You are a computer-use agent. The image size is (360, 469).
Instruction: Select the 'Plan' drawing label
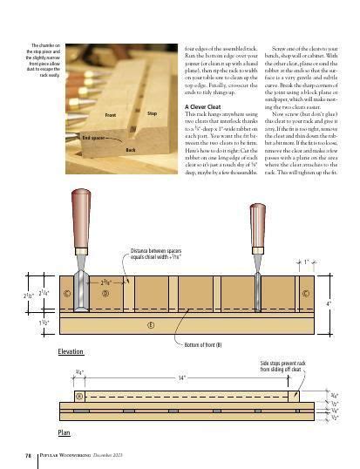pyautogui.click(x=64, y=431)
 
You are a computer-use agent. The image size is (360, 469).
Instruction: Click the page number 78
pyautogui.click(x=29, y=454)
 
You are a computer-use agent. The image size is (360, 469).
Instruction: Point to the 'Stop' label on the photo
pyautogui.click(x=152, y=114)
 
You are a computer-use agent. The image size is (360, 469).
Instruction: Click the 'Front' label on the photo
pyautogui.click(x=111, y=114)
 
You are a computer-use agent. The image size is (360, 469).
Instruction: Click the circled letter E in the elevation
pyautogui.click(x=152, y=325)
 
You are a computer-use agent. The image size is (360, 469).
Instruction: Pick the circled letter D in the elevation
pyautogui.click(x=105, y=294)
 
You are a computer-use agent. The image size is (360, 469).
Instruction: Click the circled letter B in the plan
pyautogui.click(x=78, y=395)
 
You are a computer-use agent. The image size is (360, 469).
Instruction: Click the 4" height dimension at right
pyautogui.click(x=328, y=303)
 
